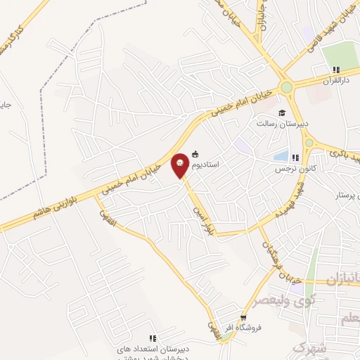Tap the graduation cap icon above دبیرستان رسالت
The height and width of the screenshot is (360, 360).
click(281, 113)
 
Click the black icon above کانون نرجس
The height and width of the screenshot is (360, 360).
click(296, 158)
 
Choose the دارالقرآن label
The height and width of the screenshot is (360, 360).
click(335, 81)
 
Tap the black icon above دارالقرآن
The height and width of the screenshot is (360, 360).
click(336, 70)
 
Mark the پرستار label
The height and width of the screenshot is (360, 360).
click(345, 193)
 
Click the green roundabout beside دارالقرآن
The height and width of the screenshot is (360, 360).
click(286, 88)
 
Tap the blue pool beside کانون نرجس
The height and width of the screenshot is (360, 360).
click(281, 156)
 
